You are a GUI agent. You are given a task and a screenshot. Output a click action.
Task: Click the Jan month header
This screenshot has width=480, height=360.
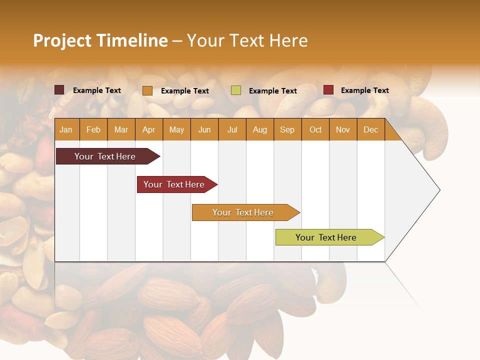[x=66, y=129]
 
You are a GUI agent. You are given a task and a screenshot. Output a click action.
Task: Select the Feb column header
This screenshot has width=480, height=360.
[x=93, y=129]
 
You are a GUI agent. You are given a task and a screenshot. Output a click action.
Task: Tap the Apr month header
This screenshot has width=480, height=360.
[x=148, y=129]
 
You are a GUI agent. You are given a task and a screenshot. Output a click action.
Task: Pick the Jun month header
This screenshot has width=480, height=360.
[x=204, y=129]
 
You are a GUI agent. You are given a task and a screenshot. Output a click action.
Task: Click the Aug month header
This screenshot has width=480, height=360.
[x=259, y=129]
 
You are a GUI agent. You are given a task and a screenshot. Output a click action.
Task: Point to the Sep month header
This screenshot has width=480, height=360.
[x=287, y=129]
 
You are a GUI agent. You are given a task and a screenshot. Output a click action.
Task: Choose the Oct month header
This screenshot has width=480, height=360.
[x=315, y=129]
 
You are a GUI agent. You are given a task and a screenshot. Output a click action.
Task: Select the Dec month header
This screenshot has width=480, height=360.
[x=370, y=129]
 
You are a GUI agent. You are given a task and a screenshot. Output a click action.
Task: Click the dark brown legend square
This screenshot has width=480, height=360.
[x=59, y=90]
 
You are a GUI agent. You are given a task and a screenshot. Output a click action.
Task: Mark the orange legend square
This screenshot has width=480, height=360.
[x=147, y=90]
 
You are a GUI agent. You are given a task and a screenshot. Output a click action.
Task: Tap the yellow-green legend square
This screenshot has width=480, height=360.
[x=236, y=90]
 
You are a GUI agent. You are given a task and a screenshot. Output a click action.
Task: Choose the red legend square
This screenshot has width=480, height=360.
[x=328, y=90]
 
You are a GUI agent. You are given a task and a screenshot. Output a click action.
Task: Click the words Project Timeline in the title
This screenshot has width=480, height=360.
[x=100, y=40]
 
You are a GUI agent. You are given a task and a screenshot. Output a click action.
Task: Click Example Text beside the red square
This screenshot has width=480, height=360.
[x=364, y=90]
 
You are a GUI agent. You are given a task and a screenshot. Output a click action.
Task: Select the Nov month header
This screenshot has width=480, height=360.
[x=343, y=129]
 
